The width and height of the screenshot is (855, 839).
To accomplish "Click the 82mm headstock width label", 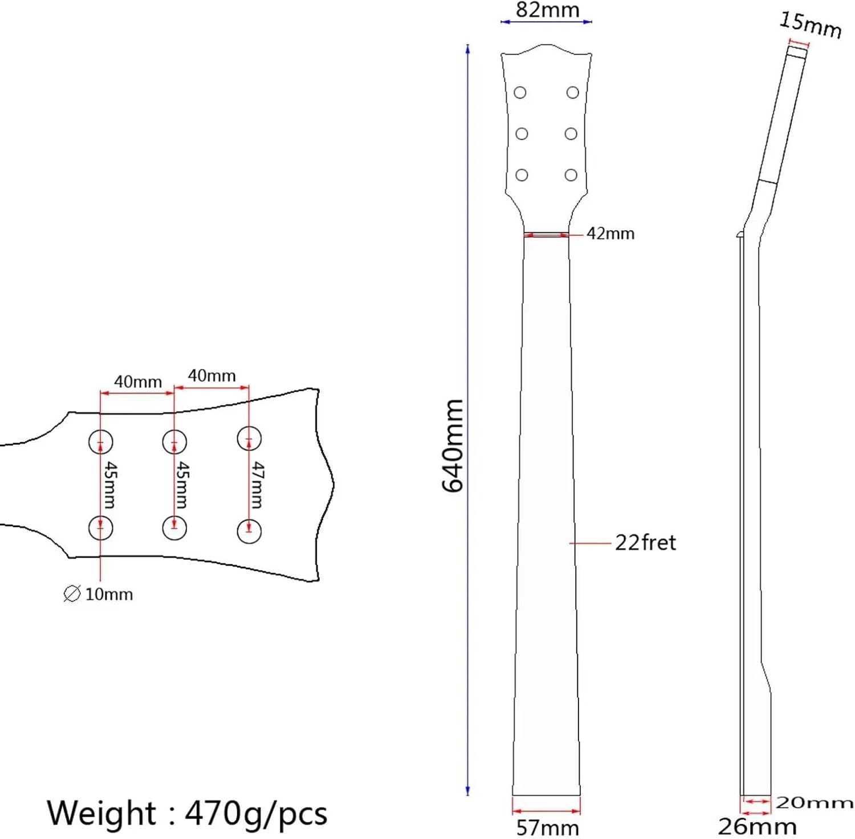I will [547, 10].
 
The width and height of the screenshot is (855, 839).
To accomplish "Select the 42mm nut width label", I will [610, 234].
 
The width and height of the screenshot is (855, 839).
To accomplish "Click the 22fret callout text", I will [645, 543].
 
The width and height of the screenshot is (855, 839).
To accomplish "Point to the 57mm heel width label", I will [547, 828].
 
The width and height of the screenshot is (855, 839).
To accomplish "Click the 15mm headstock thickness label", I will [810, 25].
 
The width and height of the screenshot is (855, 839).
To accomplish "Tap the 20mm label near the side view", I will [814, 803].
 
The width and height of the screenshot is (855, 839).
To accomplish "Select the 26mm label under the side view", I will [757, 826].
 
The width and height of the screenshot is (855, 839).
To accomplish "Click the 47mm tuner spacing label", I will [258, 485].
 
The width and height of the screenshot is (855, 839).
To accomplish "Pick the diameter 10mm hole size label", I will [99, 594].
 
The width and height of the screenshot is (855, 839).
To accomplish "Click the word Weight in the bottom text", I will [101, 813].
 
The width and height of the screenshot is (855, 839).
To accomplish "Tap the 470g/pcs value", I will [256, 813].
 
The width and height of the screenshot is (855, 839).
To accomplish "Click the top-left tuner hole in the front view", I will [520, 92].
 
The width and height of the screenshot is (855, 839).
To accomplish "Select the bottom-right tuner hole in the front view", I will [571, 175].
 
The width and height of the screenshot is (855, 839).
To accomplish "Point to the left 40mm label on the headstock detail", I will [138, 381].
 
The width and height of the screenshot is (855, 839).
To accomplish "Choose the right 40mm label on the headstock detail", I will [211, 376].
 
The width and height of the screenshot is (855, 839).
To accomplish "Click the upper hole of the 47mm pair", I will [249, 439].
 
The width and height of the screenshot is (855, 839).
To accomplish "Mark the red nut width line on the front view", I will [546, 234].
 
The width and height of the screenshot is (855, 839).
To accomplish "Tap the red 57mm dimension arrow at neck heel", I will [546, 811].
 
